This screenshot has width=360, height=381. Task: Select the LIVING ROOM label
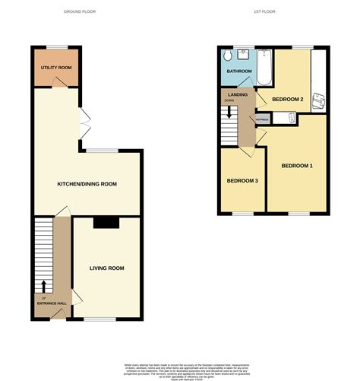tap(106, 268)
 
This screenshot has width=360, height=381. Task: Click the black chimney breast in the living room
tap(106, 223)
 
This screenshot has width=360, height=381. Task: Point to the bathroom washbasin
tap(244, 53)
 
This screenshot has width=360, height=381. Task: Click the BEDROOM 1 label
tap(297, 166)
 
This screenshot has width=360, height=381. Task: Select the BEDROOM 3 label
tap(242, 180)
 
